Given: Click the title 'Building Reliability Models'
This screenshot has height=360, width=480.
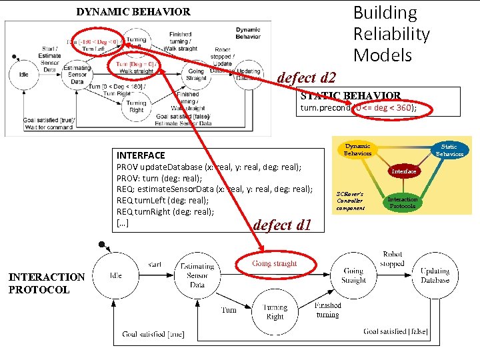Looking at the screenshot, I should pos(391,33).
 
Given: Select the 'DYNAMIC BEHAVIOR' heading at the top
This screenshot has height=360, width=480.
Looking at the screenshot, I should pos(133,11).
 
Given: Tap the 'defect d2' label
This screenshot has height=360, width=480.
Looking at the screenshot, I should pos(306,77).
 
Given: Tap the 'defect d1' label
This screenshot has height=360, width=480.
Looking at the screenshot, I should pos(282,225).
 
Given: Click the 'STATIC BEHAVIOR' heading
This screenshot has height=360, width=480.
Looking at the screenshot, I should pos(351,96).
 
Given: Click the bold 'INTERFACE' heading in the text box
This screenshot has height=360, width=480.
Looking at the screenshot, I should pos(141,155).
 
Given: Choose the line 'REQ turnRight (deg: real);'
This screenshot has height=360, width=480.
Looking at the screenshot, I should pos(165,212).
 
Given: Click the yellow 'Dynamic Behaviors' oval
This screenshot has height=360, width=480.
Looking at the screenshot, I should pos(357,149).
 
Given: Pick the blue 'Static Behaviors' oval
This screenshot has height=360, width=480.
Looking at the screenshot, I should pos(449,149).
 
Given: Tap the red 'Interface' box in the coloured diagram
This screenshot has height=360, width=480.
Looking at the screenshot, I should pos(403,171).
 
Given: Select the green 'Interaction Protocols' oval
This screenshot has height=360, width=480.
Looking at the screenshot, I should pos(403,203).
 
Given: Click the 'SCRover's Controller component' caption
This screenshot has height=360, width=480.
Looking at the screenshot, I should pos(351,200).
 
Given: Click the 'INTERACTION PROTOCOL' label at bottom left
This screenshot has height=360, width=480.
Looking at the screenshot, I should pos(47,283).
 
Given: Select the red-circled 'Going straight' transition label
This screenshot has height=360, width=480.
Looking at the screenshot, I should pos(275,263).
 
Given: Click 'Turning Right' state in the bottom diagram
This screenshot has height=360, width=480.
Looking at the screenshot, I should pos(274,312).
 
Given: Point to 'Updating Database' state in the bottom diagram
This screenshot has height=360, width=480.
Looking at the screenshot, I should pos(435,275).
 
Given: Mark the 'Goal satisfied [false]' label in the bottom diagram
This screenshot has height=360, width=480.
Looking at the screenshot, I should pos(395,331).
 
